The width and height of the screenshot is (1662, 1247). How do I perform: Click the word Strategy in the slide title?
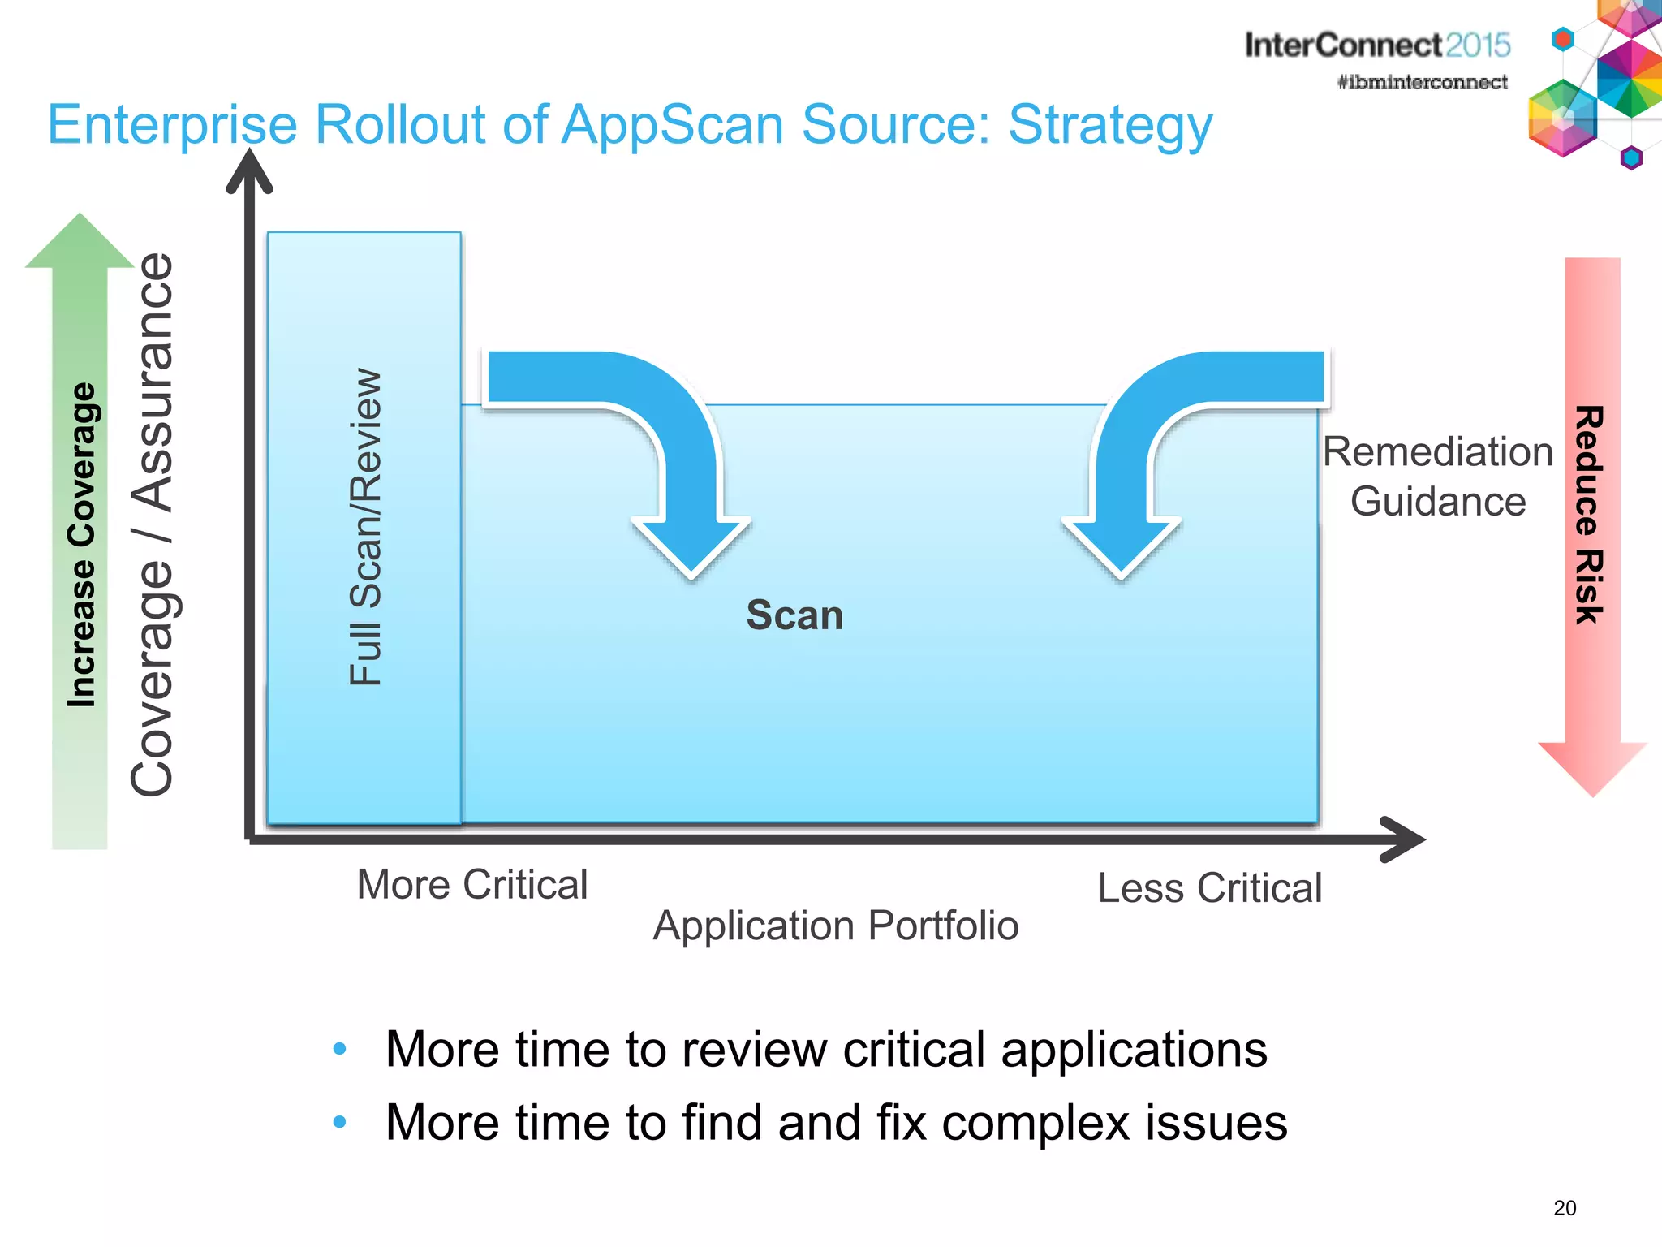(x=1109, y=126)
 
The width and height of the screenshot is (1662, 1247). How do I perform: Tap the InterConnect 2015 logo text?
(x=1377, y=45)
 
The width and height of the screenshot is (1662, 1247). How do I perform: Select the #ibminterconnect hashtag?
(x=1422, y=82)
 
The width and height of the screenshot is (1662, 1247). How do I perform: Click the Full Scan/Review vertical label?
(x=365, y=528)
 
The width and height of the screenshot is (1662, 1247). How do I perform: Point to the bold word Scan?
(x=794, y=615)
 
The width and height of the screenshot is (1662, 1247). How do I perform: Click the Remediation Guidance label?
(x=1437, y=477)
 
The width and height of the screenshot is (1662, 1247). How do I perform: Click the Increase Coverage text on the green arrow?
(x=81, y=545)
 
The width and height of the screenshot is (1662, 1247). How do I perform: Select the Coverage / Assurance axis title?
(x=152, y=524)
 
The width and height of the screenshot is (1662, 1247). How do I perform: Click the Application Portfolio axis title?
(x=835, y=926)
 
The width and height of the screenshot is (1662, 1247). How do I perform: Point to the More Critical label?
(x=471, y=884)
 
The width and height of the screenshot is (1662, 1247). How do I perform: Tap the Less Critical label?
(x=1209, y=887)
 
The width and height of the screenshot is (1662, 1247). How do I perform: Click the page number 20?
(x=1565, y=1208)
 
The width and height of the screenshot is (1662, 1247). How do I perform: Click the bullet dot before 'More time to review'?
(x=340, y=1049)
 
